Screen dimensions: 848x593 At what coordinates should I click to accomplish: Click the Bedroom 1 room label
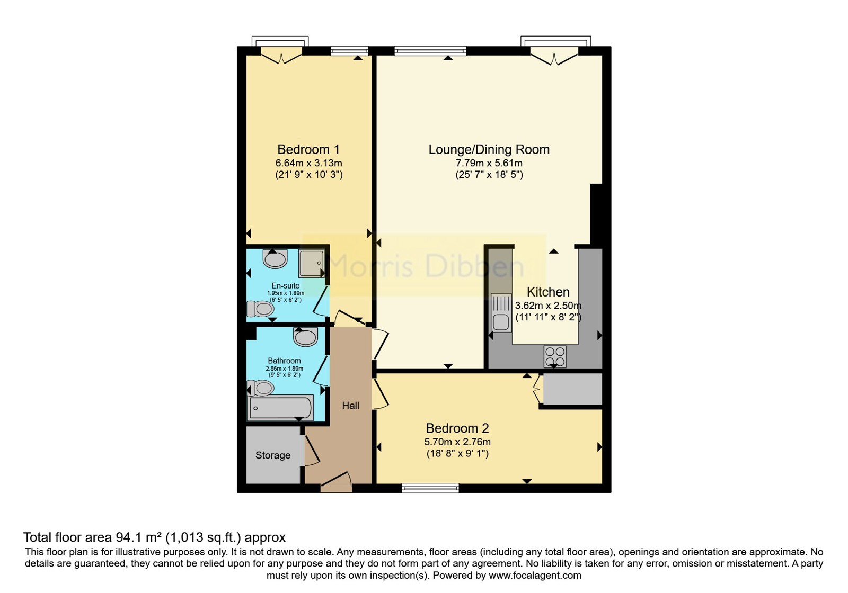point(308,149)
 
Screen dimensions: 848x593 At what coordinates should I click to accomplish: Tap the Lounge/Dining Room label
point(489,149)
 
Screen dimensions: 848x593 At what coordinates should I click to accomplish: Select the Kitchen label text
point(548,292)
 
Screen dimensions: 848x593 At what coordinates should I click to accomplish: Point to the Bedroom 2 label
point(457,428)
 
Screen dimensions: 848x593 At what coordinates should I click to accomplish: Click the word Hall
point(350,406)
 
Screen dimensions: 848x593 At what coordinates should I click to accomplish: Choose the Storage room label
point(272,455)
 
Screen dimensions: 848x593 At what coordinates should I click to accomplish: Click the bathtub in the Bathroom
point(280,408)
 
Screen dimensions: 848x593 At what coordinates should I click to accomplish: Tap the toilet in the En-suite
point(260,309)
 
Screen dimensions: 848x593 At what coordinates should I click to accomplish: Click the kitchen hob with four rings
point(555,356)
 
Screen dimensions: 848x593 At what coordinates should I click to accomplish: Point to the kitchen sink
point(501,313)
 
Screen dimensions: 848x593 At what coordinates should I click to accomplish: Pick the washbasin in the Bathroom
point(305,337)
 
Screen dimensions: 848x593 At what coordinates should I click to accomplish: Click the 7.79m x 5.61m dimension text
point(489,164)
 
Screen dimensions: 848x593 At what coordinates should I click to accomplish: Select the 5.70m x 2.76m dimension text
point(457,442)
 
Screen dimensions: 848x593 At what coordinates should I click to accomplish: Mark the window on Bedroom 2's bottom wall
point(430,488)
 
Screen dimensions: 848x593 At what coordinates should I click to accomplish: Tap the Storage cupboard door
point(311,451)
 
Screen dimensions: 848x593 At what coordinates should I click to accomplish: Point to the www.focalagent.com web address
point(535,576)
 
